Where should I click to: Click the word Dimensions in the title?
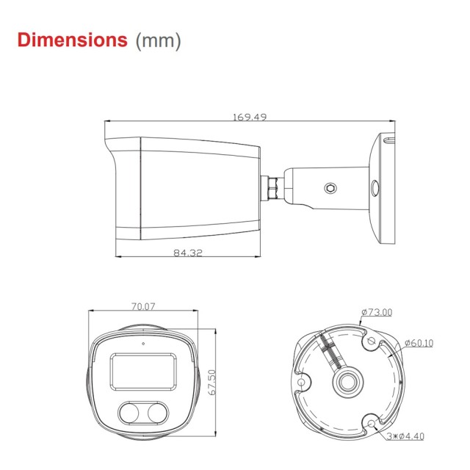pyautogui.click(x=72, y=40)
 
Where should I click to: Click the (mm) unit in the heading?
pyautogui.click(x=158, y=40)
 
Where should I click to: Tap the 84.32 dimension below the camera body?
pyautogui.click(x=188, y=253)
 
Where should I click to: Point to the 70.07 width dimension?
pyautogui.click(x=142, y=307)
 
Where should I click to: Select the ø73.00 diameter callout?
pyautogui.click(x=377, y=312)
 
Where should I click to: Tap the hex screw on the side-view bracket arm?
pyautogui.click(x=330, y=188)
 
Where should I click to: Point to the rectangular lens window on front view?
pyautogui.click(x=142, y=372)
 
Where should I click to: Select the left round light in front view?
pyautogui.click(x=131, y=414)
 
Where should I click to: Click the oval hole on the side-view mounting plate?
pyautogui.click(x=373, y=188)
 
